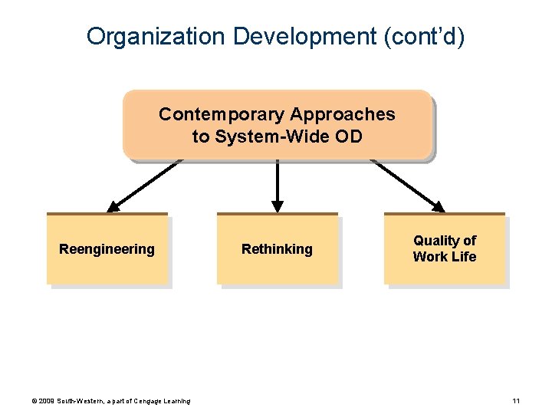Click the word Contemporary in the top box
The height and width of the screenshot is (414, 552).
coord(220,115)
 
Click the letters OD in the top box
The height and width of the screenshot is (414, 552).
coord(349,137)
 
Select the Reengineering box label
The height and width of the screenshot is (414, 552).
coord(107,249)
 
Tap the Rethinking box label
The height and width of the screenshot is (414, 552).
coord(277,249)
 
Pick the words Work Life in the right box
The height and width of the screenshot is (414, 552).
coord(445,257)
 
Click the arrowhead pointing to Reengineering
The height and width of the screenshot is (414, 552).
coord(113,206)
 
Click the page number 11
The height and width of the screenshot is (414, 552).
coord(516,401)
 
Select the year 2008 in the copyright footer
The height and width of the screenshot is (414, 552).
coord(47,401)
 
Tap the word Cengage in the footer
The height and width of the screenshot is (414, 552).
coord(148,401)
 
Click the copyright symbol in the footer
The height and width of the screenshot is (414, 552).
coord(34,401)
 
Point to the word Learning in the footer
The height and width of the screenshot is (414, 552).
coord(177,401)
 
